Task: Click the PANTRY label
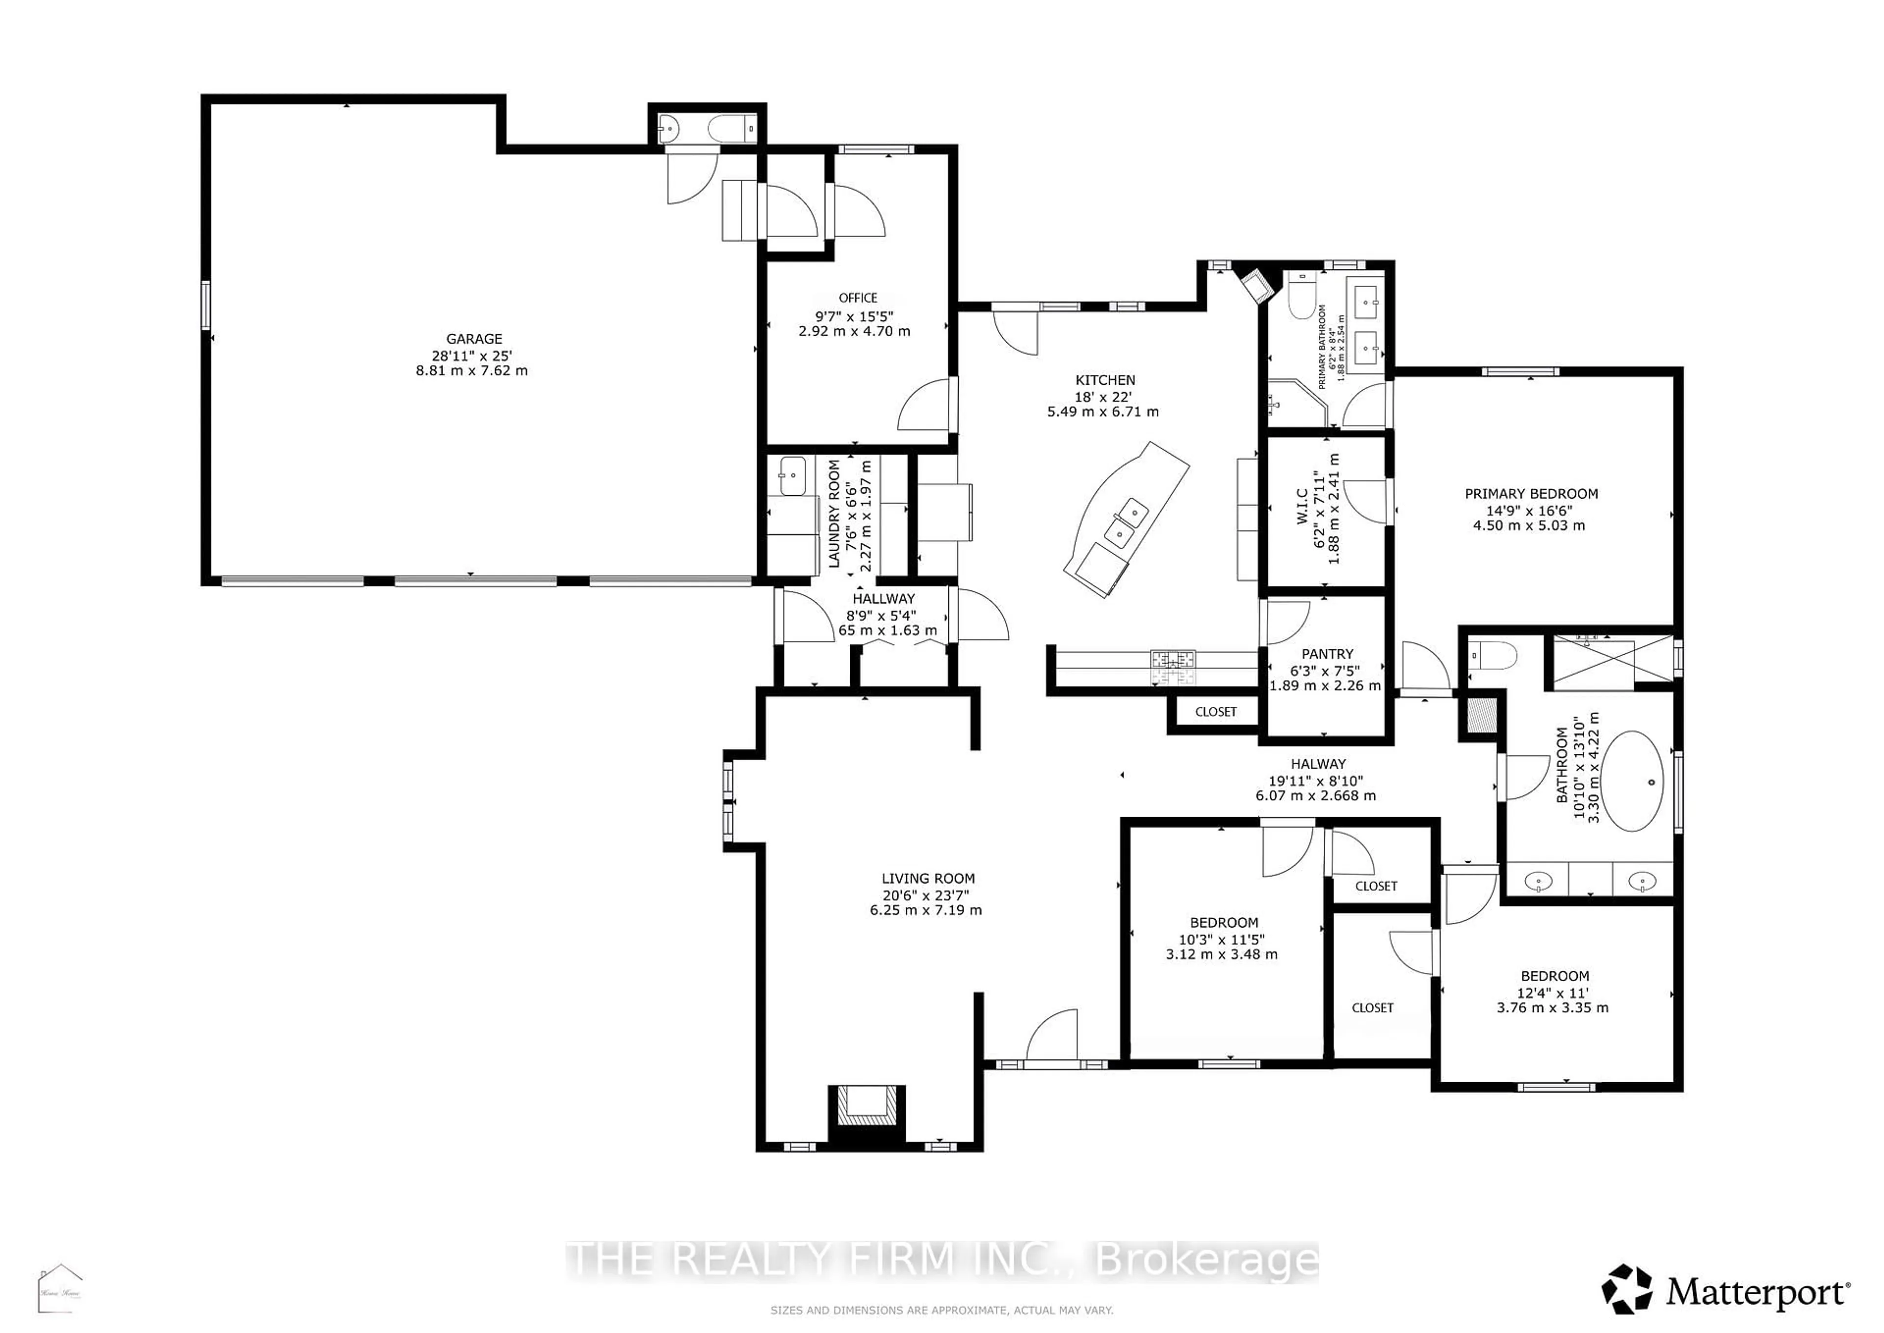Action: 1327,653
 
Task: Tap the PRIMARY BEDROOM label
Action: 1531,493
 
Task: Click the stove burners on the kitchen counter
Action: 1174,658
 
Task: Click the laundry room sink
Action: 792,476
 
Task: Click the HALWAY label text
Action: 1318,763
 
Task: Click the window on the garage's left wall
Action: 206,305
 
